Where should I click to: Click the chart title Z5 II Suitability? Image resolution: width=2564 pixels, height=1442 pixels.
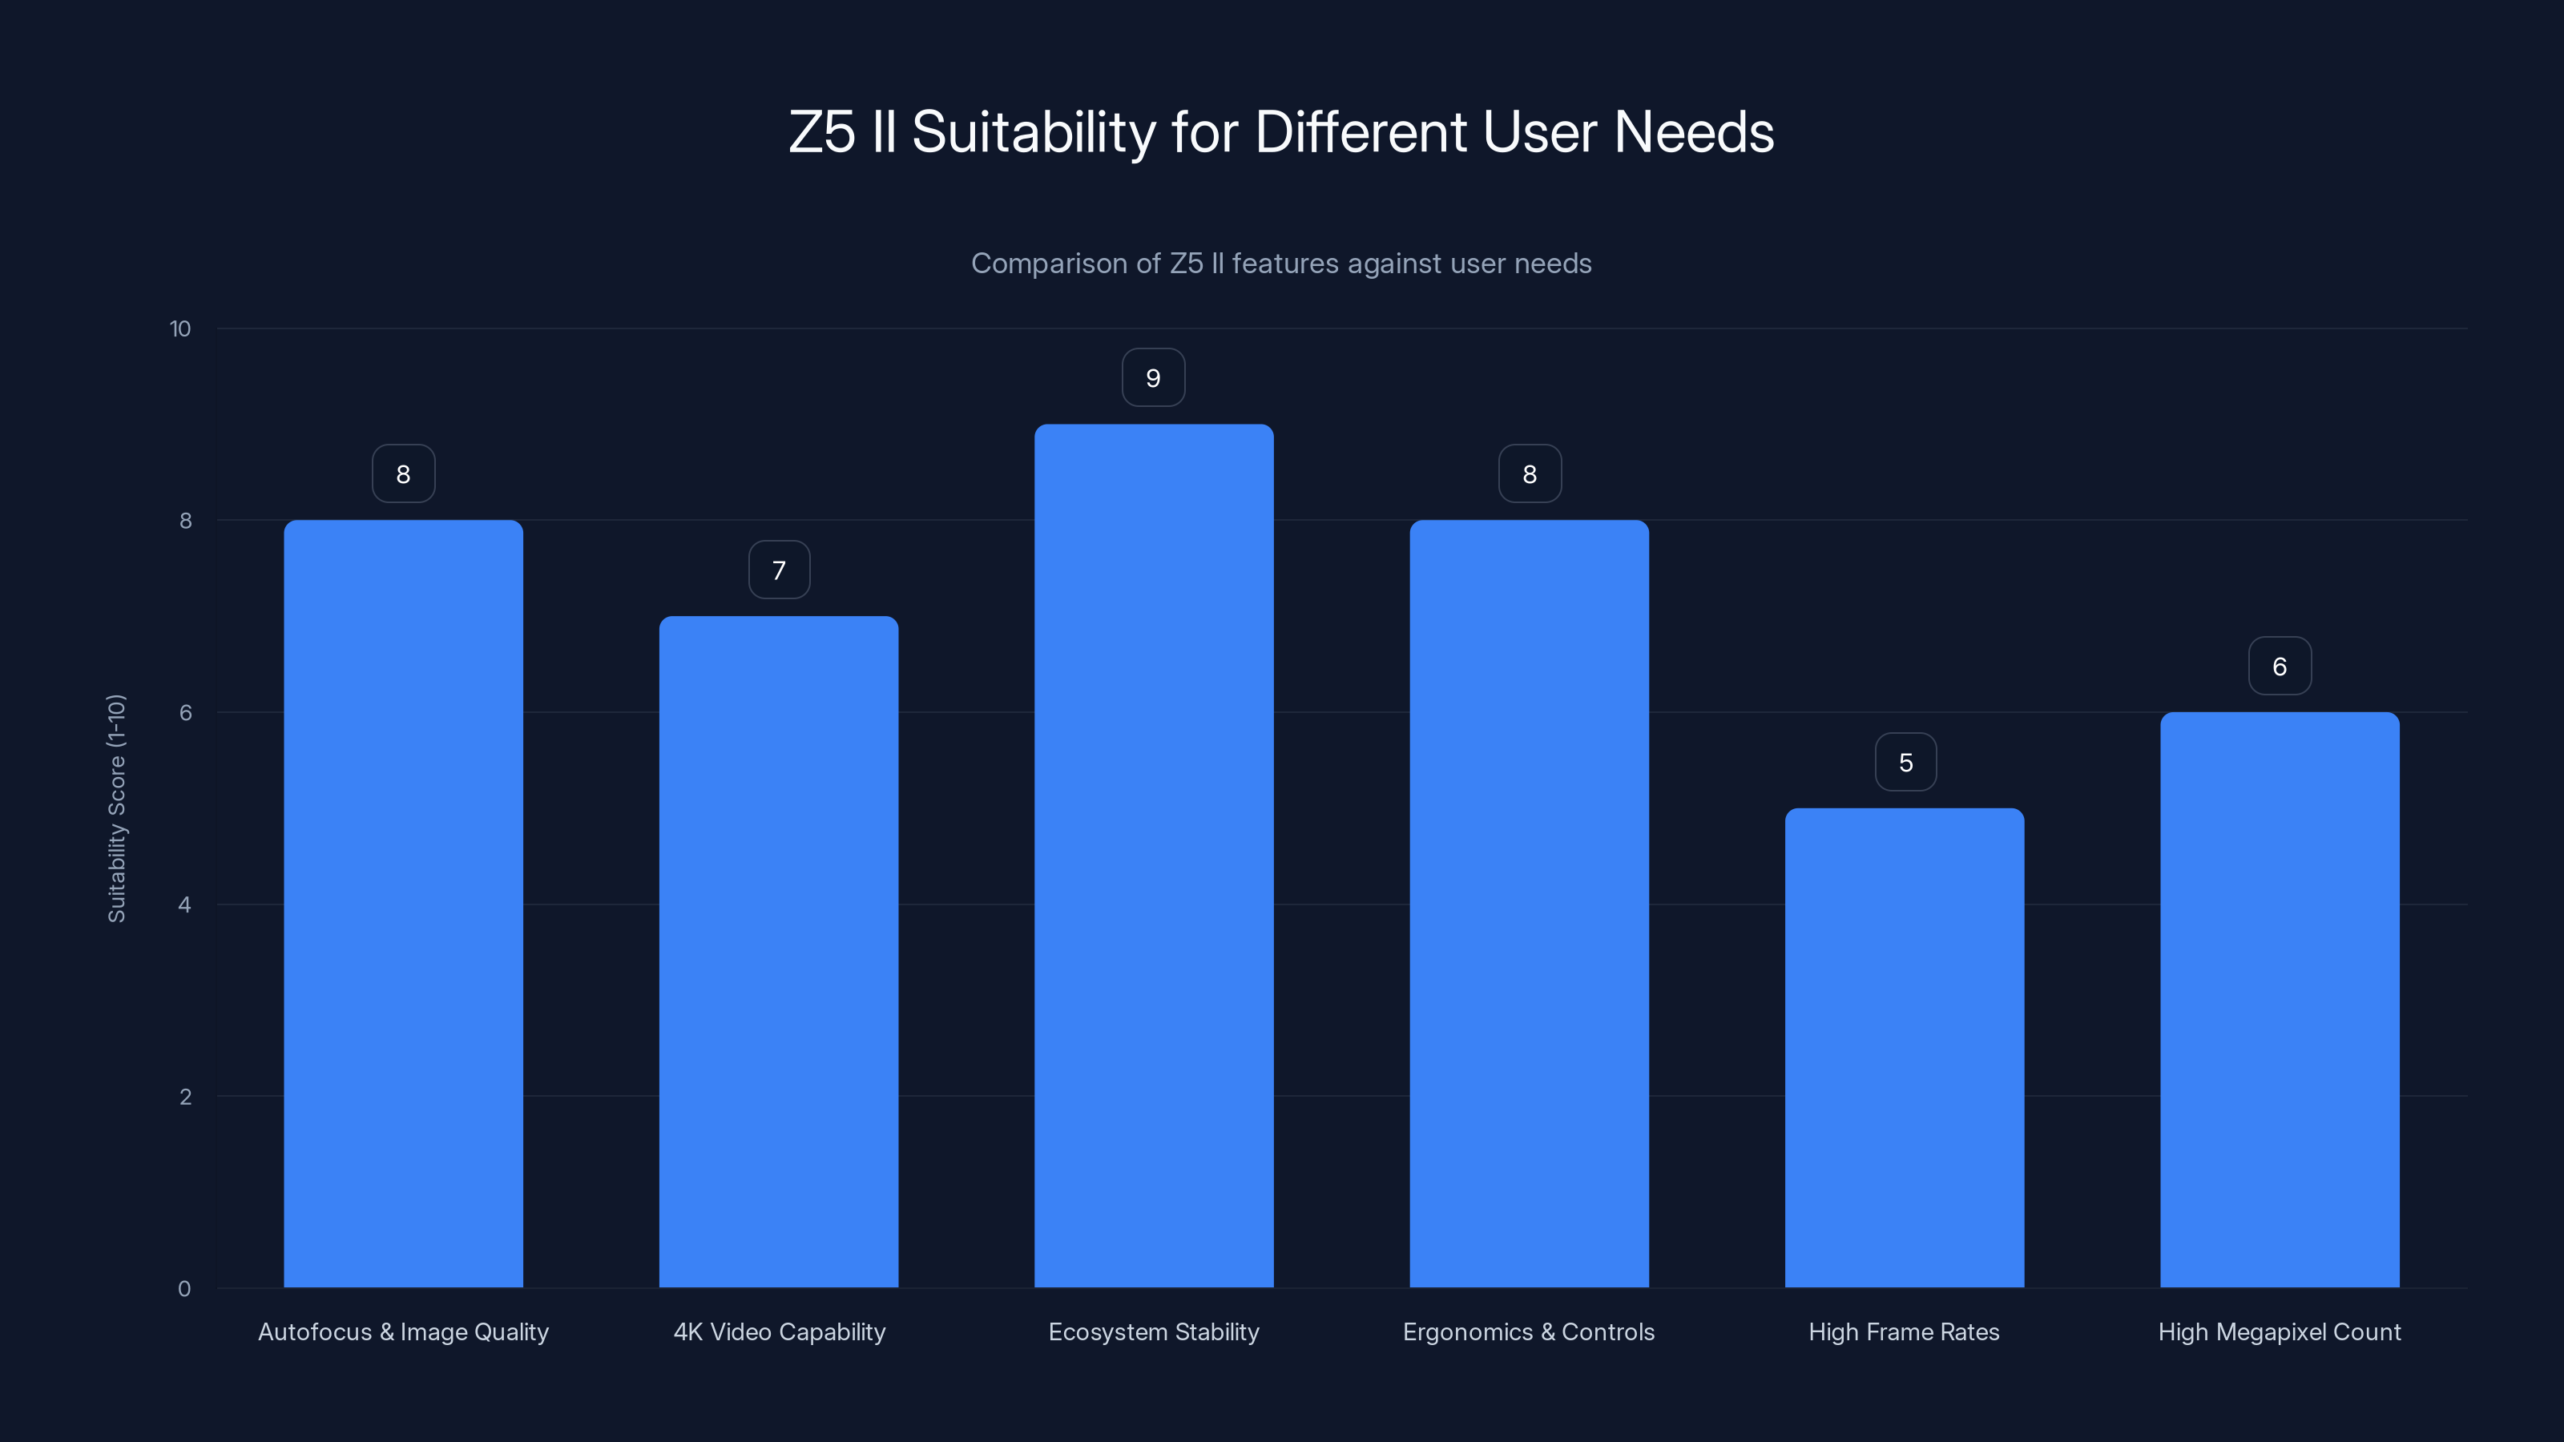[1281, 132]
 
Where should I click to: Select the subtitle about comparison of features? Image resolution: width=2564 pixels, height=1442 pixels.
[1281, 264]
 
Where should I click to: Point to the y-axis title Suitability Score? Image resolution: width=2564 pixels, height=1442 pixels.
[116, 808]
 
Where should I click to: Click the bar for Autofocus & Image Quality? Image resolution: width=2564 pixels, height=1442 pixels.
[403, 904]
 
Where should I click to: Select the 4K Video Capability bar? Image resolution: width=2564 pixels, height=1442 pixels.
[778, 952]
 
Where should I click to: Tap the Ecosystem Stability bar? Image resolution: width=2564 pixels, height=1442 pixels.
[1154, 856]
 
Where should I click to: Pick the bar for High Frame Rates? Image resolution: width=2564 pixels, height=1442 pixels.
[1904, 1048]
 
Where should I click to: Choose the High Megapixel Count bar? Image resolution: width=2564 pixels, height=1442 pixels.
[2280, 999]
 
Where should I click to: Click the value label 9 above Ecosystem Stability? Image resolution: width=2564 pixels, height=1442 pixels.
[1154, 378]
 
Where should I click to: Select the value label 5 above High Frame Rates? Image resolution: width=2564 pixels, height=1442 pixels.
[1905, 763]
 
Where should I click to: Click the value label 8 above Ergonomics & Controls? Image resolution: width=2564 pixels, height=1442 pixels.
[1530, 475]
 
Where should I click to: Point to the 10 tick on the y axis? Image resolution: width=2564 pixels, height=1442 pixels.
[180, 329]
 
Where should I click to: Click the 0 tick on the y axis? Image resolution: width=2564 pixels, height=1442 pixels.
[184, 1289]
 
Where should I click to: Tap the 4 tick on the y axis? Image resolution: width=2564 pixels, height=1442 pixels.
[184, 904]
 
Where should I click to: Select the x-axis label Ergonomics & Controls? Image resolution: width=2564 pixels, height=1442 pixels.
[1529, 1331]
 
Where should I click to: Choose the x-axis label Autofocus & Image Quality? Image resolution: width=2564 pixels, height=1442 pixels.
[403, 1331]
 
